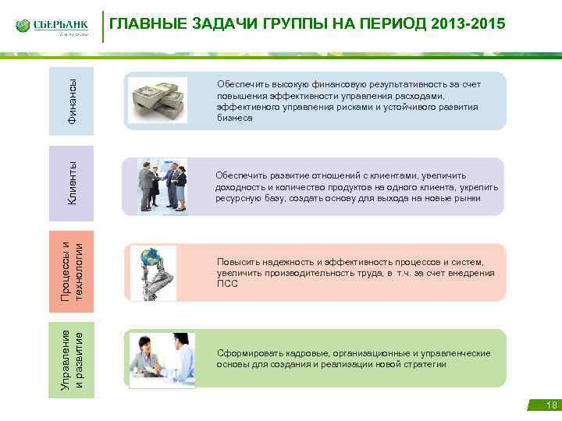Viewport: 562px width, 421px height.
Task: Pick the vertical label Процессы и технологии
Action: pos(72,266)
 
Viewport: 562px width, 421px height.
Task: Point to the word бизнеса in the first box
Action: pos(234,118)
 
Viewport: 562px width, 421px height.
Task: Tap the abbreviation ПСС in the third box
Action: pos(226,284)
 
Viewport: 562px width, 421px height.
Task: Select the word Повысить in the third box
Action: pos(237,262)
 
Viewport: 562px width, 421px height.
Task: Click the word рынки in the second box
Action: pos(467,198)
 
